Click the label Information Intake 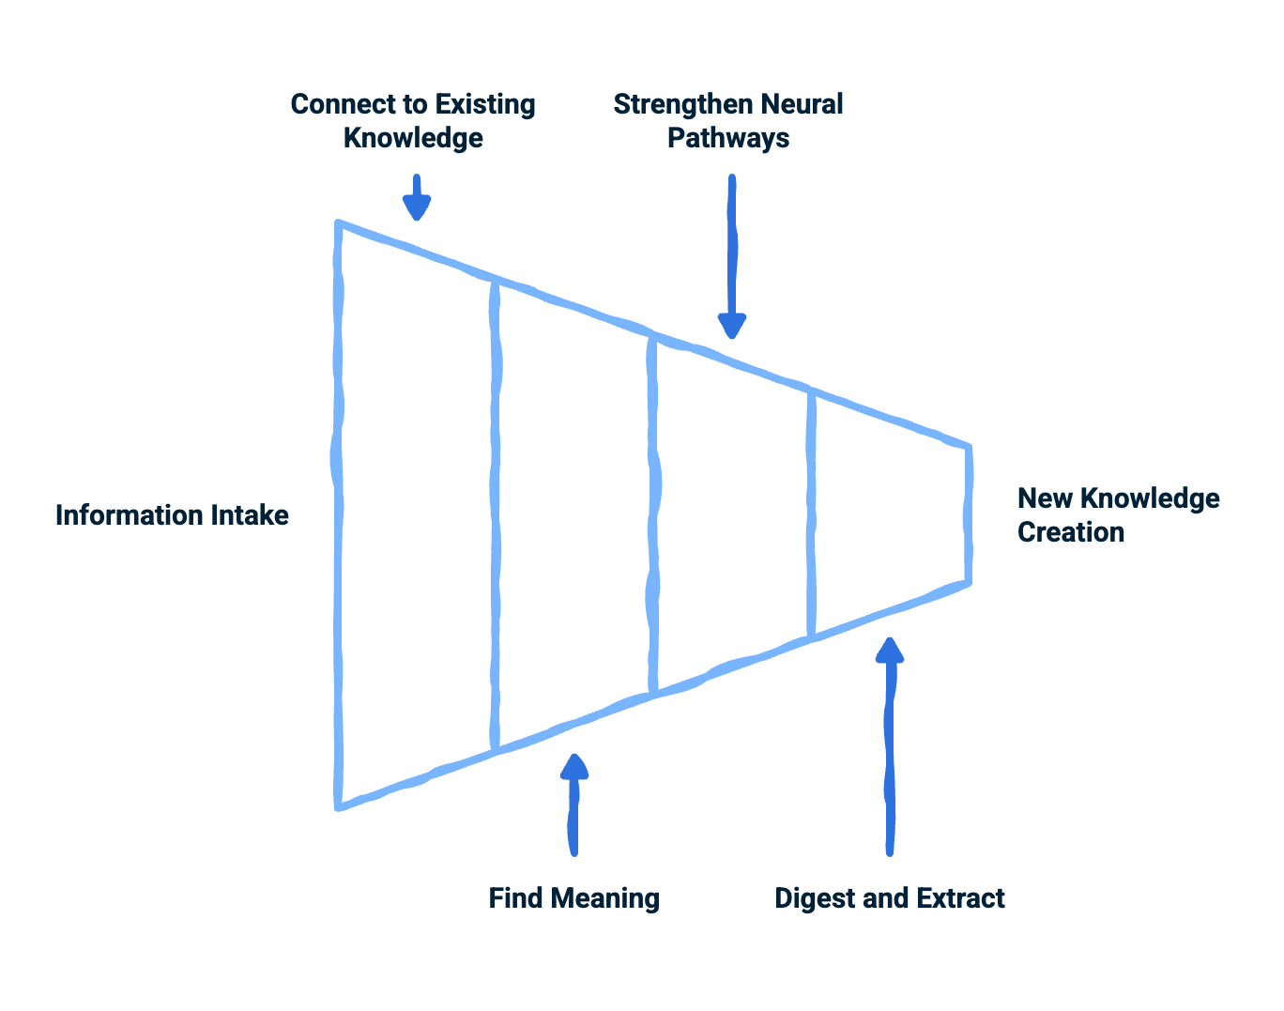coord(172,515)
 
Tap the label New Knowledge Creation coord(1118,514)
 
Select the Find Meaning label coord(573,898)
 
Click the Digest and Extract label coord(889,898)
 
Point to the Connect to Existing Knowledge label coord(413,121)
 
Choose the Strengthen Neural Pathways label coord(728,121)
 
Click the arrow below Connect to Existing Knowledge coord(417,198)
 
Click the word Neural coord(802,104)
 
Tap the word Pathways coord(728,138)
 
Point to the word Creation coord(1071,532)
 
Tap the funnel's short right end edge coord(968,514)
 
